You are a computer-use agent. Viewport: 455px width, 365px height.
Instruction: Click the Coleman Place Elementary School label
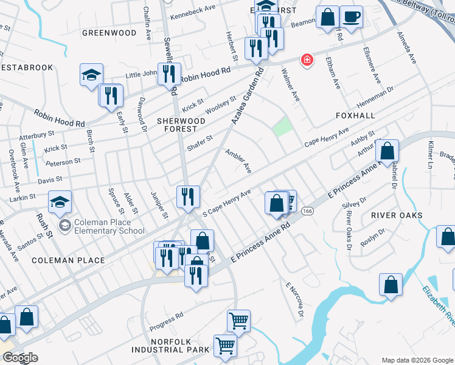[110, 226]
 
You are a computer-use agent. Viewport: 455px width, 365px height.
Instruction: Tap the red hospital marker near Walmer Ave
[307, 60]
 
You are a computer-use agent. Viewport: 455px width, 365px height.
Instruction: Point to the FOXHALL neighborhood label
[355, 115]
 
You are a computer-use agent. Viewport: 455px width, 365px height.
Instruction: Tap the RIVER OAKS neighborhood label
[397, 216]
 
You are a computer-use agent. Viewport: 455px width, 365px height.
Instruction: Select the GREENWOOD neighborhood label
[109, 33]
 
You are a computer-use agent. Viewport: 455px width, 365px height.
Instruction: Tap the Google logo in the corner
[19, 358]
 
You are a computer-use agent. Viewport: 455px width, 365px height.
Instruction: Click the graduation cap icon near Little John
[91, 75]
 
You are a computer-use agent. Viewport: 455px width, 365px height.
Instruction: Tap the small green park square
[281, 127]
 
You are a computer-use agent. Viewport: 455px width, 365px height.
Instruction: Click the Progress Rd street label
[166, 322]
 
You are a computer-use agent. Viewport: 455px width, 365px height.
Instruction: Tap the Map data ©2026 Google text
[417, 360]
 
